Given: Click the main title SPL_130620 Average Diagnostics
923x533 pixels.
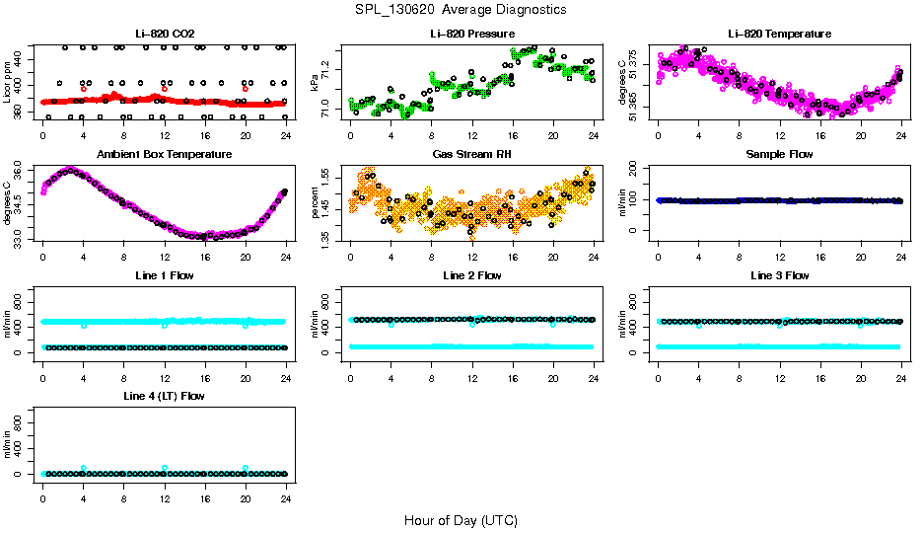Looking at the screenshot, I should click(x=461, y=9).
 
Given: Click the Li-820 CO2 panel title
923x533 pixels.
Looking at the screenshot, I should click(x=164, y=35).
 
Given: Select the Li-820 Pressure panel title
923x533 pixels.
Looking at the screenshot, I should click(x=471, y=35).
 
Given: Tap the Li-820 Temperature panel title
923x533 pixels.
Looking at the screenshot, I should click(x=779, y=35).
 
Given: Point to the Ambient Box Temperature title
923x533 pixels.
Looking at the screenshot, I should click(x=164, y=155).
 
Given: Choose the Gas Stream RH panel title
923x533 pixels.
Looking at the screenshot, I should click(x=471, y=155).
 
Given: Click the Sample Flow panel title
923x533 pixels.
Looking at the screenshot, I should click(x=779, y=155).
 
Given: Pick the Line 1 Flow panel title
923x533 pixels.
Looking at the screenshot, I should click(x=164, y=275).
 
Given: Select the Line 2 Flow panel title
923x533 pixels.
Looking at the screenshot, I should click(x=471, y=275).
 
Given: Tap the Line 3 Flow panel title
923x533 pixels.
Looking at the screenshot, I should click(x=779, y=275).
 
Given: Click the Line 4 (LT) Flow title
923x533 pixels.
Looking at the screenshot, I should click(x=164, y=396).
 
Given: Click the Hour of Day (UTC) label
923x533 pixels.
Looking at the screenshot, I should click(x=461, y=520).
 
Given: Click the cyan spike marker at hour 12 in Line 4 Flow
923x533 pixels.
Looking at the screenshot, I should click(x=165, y=468).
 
